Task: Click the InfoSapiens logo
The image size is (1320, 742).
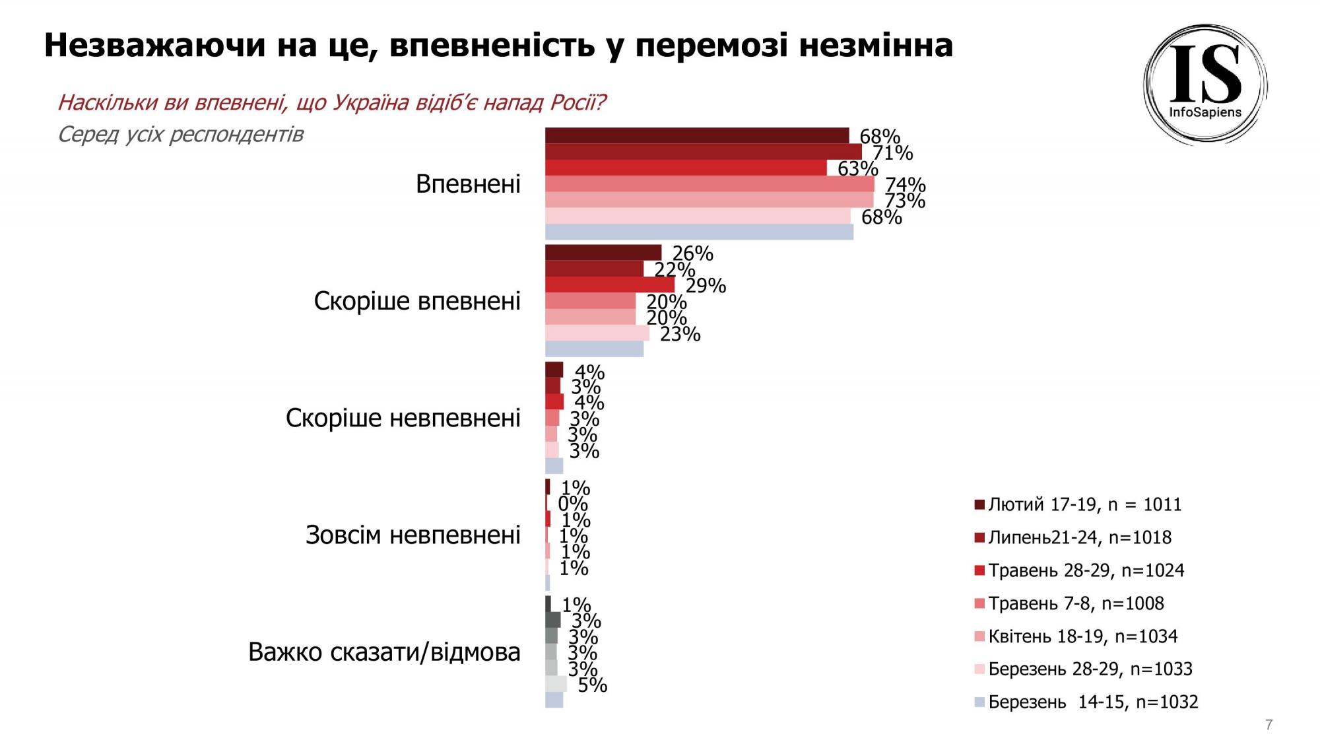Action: click(x=1205, y=84)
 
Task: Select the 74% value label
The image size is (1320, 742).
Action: click(x=905, y=185)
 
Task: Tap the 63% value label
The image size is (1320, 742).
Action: click(x=857, y=169)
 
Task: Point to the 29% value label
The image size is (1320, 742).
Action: click(x=706, y=286)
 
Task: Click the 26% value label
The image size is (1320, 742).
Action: click(x=692, y=253)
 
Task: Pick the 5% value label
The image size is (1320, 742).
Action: click(x=592, y=685)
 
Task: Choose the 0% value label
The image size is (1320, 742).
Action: click(x=572, y=504)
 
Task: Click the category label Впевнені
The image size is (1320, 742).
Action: click(x=468, y=184)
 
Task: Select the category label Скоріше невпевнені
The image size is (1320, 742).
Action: click(x=403, y=419)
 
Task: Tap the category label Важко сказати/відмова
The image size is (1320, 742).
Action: click(x=384, y=652)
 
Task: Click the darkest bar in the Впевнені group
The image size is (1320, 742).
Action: click(x=696, y=135)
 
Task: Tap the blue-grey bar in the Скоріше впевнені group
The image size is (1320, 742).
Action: click(x=594, y=349)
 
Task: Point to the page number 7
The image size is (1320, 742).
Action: click(x=1269, y=724)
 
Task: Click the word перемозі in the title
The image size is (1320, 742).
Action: click(x=713, y=46)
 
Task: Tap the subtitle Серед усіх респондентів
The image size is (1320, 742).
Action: click(x=180, y=135)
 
